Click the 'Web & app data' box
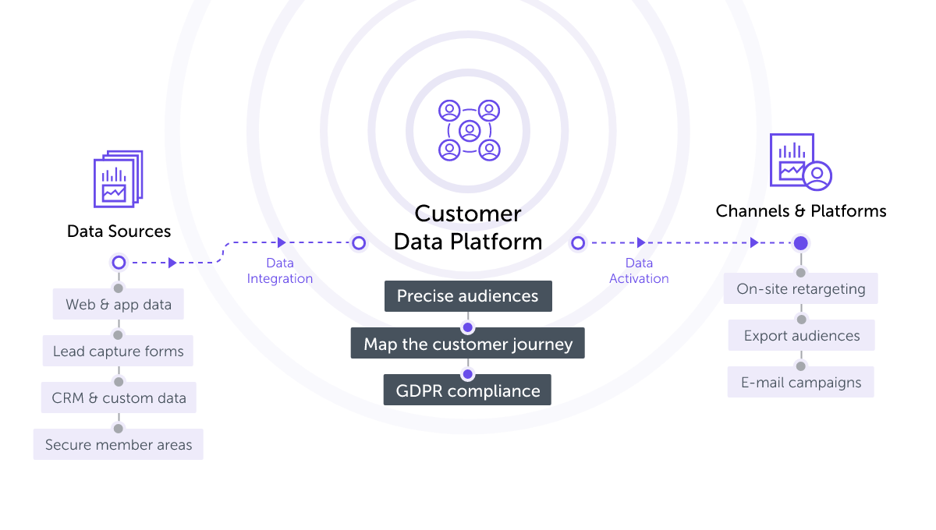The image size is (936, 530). pyautogui.click(x=118, y=304)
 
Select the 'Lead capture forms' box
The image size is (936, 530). pyautogui.click(x=118, y=351)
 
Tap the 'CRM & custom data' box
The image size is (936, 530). pyautogui.click(x=119, y=397)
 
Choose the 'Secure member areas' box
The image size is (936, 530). pyautogui.click(x=118, y=444)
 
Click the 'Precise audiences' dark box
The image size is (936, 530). pyautogui.click(x=467, y=296)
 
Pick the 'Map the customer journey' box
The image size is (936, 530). pyautogui.click(x=467, y=344)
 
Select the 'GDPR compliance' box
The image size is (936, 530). pyautogui.click(x=467, y=390)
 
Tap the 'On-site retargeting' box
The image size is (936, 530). pyautogui.click(x=800, y=288)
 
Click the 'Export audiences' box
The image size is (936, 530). pyautogui.click(x=801, y=335)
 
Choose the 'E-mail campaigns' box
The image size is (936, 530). pyautogui.click(x=800, y=382)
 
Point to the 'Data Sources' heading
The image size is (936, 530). pyautogui.click(x=119, y=231)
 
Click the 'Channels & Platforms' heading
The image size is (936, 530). pyautogui.click(x=800, y=211)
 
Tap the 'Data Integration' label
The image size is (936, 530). pyautogui.click(x=280, y=271)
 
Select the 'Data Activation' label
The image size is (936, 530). pyautogui.click(x=639, y=271)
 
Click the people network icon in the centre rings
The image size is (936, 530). pyautogui.click(x=468, y=130)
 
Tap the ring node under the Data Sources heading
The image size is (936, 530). pyautogui.click(x=119, y=263)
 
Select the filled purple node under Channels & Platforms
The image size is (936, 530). pyautogui.click(x=800, y=243)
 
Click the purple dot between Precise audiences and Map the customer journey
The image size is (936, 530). pyautogui.click(x=467, y=327)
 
